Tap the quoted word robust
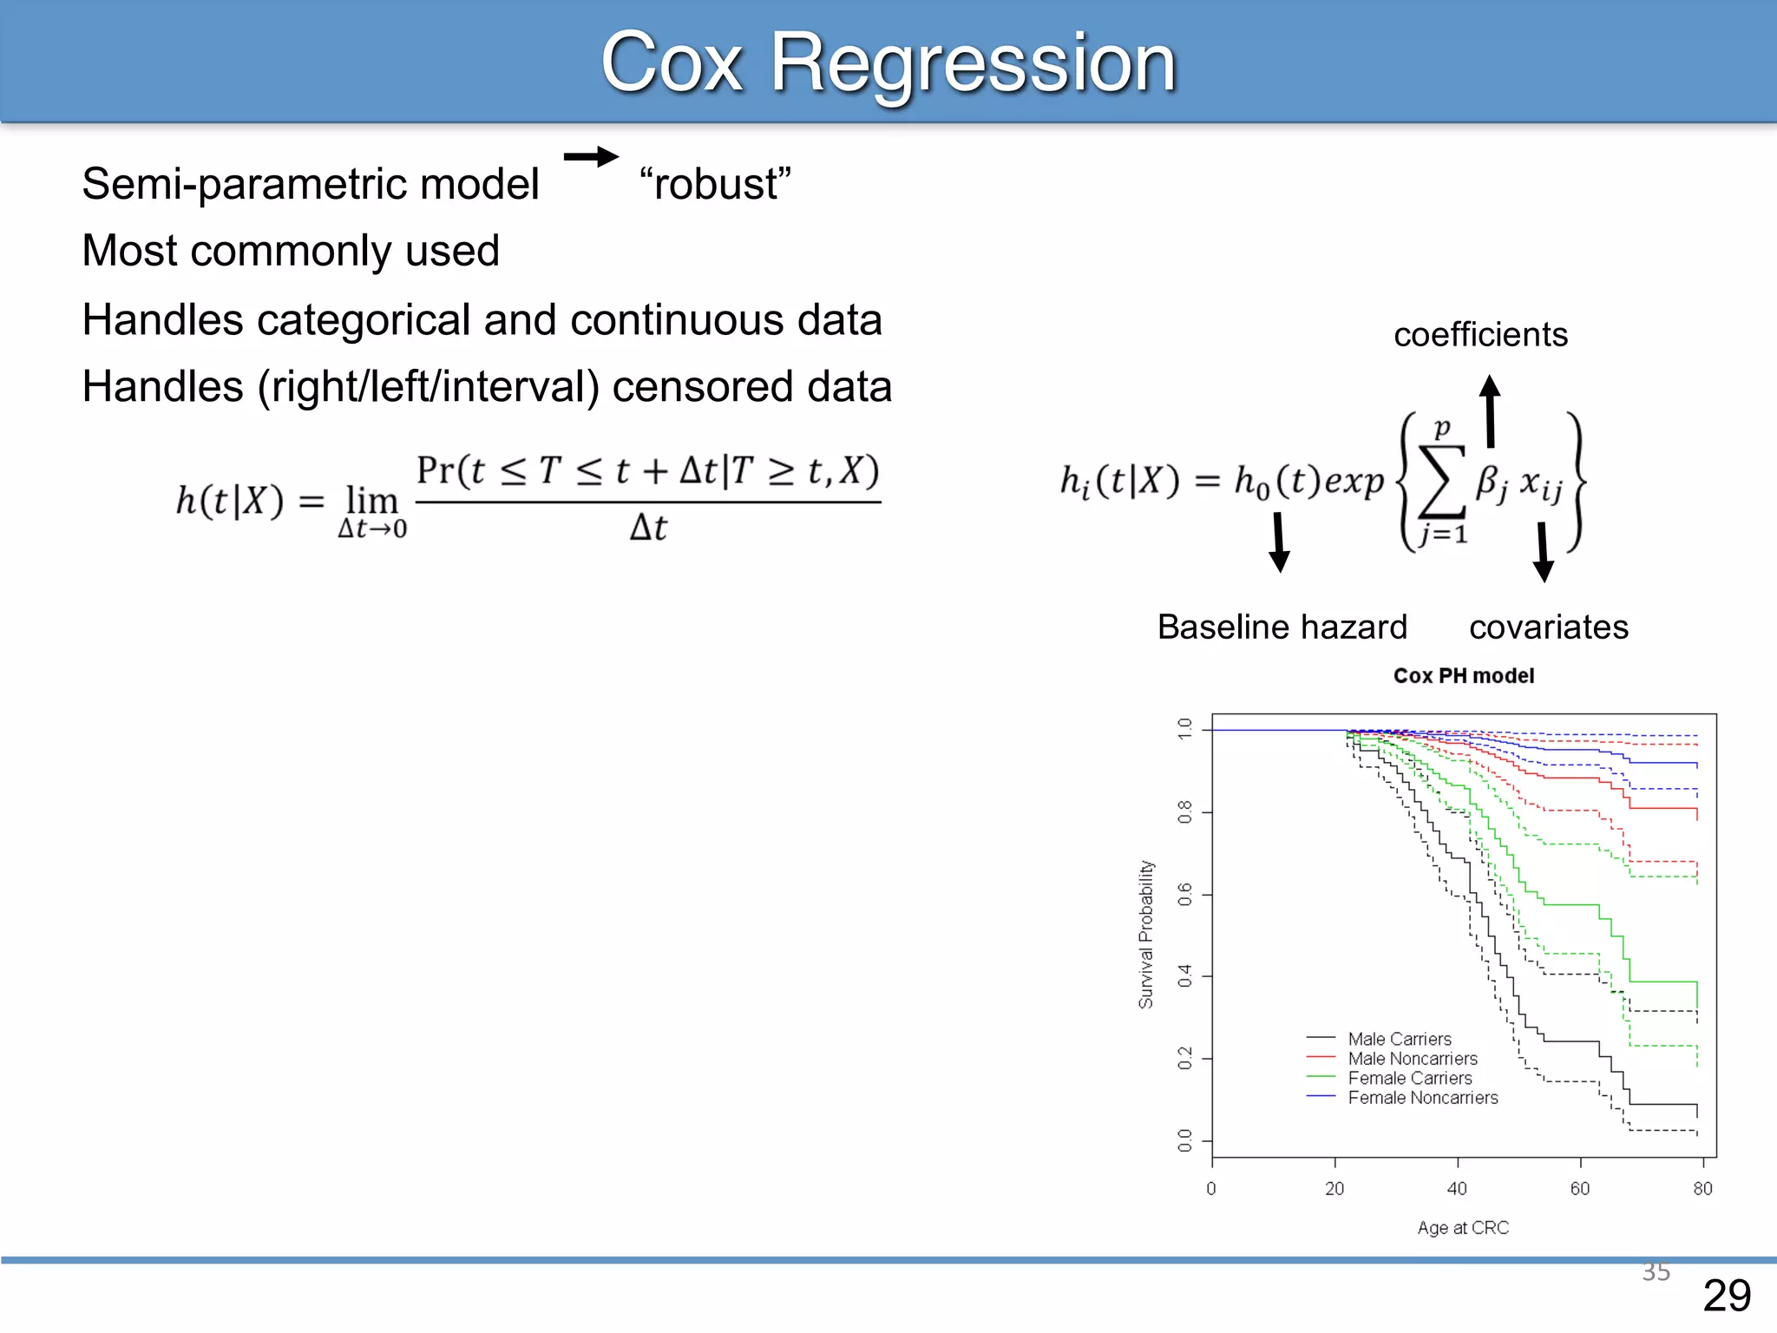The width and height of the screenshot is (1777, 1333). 715,184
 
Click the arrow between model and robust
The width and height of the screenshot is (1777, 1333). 591,157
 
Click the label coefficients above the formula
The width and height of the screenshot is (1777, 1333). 1480,335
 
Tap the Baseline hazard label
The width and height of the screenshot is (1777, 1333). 1282,627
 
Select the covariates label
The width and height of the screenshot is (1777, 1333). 1548,627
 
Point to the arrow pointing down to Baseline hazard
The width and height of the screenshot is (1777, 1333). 1279,543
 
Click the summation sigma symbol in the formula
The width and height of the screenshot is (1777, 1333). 1440,481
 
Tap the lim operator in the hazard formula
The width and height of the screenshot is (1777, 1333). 371,501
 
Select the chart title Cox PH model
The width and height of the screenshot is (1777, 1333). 1463,676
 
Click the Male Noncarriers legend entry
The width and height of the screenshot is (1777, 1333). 1412,1059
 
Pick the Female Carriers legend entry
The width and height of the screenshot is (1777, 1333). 1409,1079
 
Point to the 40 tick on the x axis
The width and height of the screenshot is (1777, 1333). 1457,1188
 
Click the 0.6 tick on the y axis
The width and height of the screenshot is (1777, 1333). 1184,894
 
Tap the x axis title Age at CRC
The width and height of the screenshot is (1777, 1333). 1463,1228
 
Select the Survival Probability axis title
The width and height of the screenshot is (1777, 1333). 1146,934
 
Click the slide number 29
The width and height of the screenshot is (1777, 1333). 1727,1296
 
